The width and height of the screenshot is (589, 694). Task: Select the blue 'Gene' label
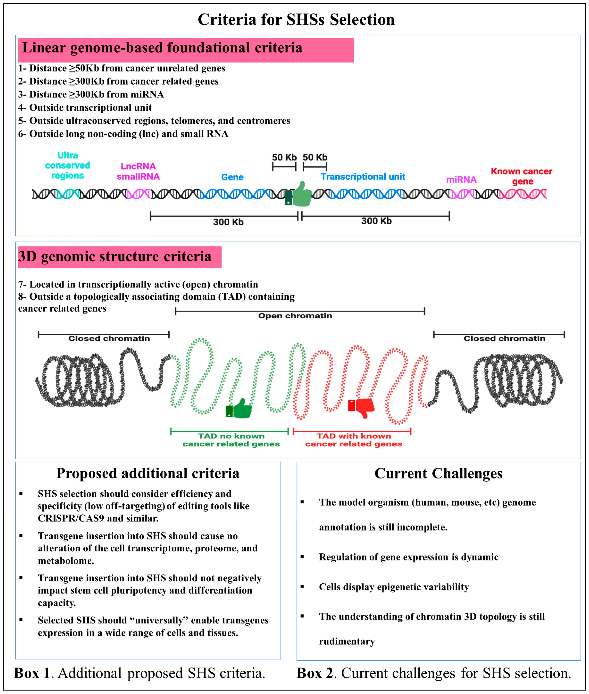pos(232,177)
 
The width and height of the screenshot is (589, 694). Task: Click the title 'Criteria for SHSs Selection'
pos(296,19)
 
